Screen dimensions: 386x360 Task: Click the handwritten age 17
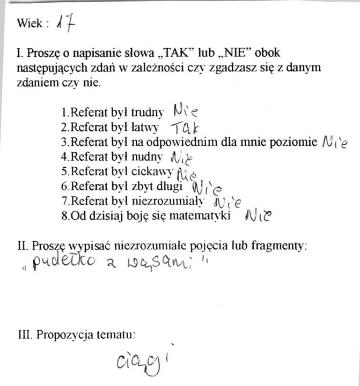pyautogui.click(x=68, y=23)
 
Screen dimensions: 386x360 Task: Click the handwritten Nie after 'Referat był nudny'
pyautogui.click(x=181, y=158)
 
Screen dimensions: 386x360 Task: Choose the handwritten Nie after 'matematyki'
pyautogui.click(x=259, y=216)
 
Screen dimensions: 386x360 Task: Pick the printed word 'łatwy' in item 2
pyautogui.click(x=152, y=128)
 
